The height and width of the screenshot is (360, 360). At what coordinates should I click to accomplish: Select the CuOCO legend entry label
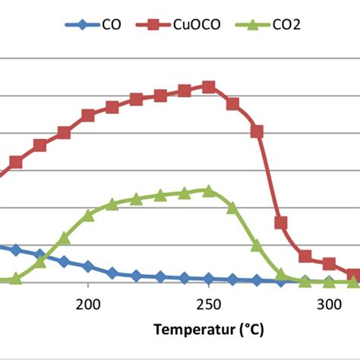pyautogui.click(x=200, y=25)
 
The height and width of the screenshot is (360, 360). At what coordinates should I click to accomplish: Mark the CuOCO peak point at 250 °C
pyautogui.click(x=209, y=87)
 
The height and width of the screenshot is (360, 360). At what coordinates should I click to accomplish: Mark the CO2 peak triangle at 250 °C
pyautogui.click(x=209, y=191)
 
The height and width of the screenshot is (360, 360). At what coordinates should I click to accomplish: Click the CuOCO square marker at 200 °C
pyautogui.click(x=88, y=115)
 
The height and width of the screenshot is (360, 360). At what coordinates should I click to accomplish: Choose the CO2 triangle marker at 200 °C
pyautogui.click(x=88, y=215)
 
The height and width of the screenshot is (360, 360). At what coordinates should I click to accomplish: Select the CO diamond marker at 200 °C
pyautogui.click(x=88, y=267)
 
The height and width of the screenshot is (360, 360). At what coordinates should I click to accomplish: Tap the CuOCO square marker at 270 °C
pyautogui.click(x=257, y=131)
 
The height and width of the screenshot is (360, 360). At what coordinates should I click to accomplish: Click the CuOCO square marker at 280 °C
pyautogui.click(x=281, y=223)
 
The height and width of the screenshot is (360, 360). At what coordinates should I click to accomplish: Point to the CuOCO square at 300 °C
pyautogui.click(x=329, y=264)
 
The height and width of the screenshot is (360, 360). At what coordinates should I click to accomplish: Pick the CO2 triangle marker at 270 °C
pyautogui.click(x=257, y=245)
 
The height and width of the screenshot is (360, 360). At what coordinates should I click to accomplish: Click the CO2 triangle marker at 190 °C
pyautogui.click(x=64, y=238)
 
